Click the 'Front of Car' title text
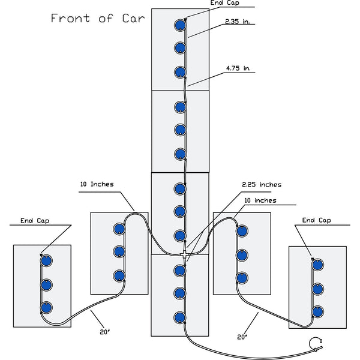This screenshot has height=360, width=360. click(x=97, y=18)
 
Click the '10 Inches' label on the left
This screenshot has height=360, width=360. click(x=97, y=184)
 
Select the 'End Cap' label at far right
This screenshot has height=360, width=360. click(x=317, y=220)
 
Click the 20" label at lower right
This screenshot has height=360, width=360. click(x=242, y=337)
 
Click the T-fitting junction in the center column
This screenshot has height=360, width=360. click(x=183, y=254)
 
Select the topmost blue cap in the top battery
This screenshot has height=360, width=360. click(x=179, y=25)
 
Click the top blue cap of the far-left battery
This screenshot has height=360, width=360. click(x=45, y=261)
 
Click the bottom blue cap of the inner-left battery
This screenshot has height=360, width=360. click(x=119, y=276)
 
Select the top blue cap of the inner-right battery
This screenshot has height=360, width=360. click(x=242, y=230)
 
